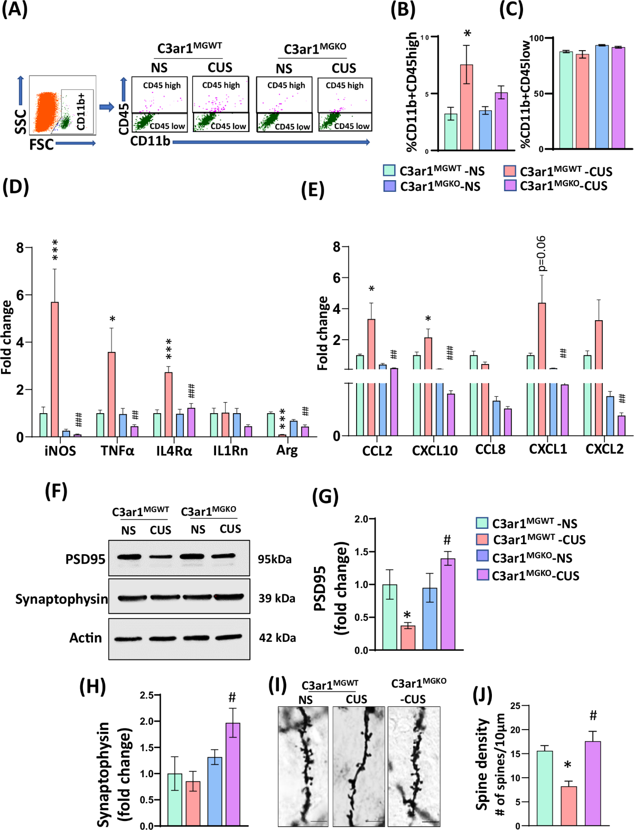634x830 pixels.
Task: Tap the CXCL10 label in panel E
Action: tap(434, 450)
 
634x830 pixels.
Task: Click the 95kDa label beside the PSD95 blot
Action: tap(275, 559)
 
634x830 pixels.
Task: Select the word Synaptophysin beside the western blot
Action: tap(61, 599)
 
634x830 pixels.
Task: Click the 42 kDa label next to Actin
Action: tap(277, 638)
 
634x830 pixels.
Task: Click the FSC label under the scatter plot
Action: tap(41, 144)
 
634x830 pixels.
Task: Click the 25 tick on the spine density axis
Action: tap(516, 706)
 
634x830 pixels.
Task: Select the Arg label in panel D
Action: tap(287, 450)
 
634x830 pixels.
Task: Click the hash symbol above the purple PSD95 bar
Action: tap(447, 540)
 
